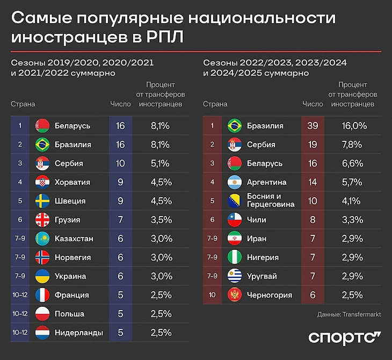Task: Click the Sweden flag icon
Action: coord(42,201)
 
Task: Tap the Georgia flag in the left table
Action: coord(42,220)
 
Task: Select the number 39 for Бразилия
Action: coord(312,126)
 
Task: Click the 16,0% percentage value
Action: coord(354,126)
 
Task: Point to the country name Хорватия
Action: coord(72,182)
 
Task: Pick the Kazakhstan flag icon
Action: coord(42,239)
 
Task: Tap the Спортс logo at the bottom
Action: coord(344,338)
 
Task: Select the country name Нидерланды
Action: coord(79,333)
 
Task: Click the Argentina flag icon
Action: coord(235,182)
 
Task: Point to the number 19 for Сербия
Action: coord(312,145)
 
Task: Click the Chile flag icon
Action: coord(235,220)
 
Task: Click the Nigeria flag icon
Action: coord(235,257)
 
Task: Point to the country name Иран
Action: coord(257,239)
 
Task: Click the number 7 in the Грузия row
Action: coord(120,220)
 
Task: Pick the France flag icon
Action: coord(42,295)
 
